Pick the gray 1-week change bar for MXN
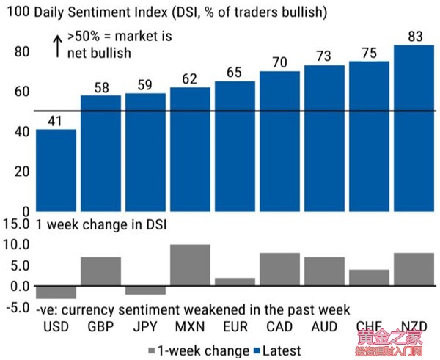[x=190, y=265]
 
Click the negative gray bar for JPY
[x=145, y=290]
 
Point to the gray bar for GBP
[x=100, y=271]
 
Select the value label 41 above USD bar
[x=56, y=120]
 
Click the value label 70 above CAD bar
[x=279, y=62]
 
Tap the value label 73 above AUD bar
[x=324, y=56]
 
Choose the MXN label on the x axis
[x=190, y=326]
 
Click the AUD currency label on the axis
[x=324, y=326]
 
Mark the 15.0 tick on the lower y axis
[x=16, y=224]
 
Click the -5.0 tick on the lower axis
[x=16, y=308]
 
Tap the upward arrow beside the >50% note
[x=56, y=45]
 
